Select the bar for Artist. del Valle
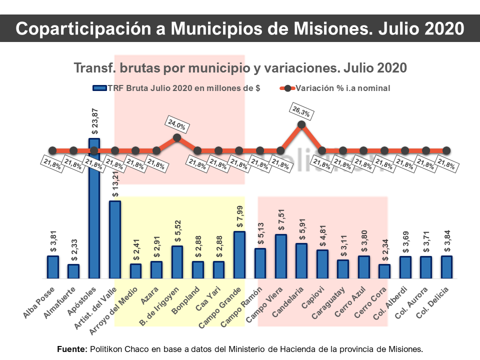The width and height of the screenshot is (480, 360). pyautogui.click(x=115, y=239)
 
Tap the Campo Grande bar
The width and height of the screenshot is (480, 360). pyautogui.click(x=239, y=254)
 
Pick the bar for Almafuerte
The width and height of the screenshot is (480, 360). pyautogui.click(x=73, y=271)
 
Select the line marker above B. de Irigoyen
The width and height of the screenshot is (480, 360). pyautogui.click(x=177, y=137)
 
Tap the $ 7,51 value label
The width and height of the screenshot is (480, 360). pyautogui.click(x=281, y=220)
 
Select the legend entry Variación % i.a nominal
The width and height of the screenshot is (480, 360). pyautogui.click(x=342, y=88)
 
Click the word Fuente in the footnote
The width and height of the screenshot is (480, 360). pyautogui.click(x=72, y=348)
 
